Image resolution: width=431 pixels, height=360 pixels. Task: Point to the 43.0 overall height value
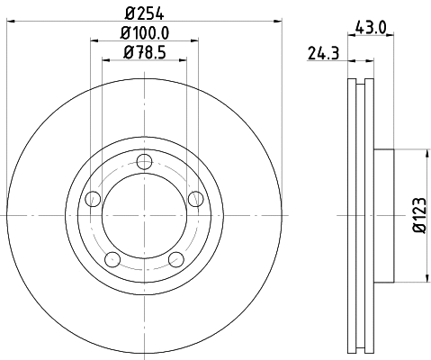click(x=369, y=28)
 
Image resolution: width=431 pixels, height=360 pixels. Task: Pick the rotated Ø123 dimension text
click(x=418, y=216)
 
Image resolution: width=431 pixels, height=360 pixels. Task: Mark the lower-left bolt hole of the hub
click(x=112, y=260)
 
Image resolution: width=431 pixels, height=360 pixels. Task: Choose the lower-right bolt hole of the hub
click(x=176, y=260)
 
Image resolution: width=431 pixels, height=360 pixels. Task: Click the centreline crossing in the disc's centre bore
click(x=144, y=216)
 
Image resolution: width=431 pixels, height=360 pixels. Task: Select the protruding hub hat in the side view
click(x=383, y=216)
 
